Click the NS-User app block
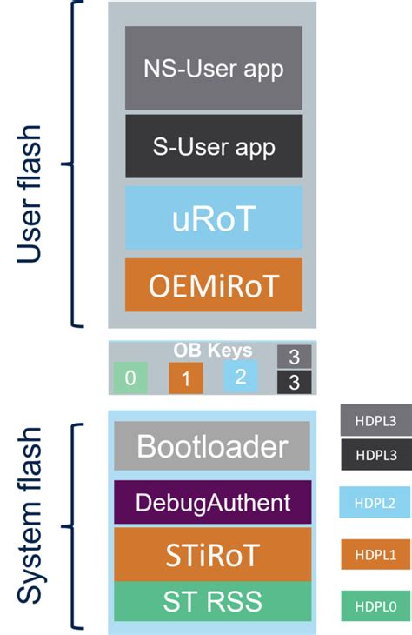tap(213, 67)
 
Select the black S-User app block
tap(213, 146)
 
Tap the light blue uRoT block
tap(213, 217)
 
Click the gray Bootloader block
tap(212, 446)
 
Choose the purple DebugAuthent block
tap(212, 502)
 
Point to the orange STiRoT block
tap(212, 554)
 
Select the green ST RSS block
tap(212, 599)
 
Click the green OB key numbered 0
tap(130, 378)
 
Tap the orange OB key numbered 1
tap(185, 378)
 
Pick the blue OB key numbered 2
tap(240, 376)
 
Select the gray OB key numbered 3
tap(294, 357)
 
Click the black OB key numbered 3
tap(294, 382)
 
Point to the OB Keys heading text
tap(212, 351)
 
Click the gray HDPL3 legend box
tap(375, 421)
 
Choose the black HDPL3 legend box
tap(375, 452)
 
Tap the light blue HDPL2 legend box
tap(375, 503)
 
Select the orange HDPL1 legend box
tap(375, 554)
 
